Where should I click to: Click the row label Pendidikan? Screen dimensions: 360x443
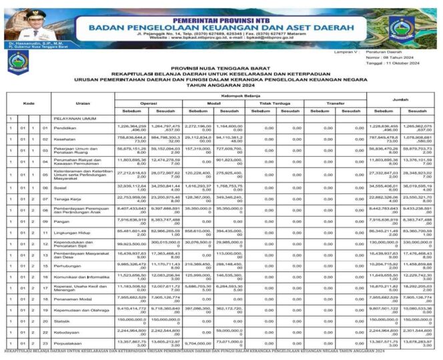[66, 127]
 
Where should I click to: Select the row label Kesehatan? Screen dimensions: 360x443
[65, 140]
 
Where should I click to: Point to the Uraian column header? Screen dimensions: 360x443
[83, 103]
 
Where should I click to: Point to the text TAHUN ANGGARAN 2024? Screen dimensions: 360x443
[221, 85]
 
